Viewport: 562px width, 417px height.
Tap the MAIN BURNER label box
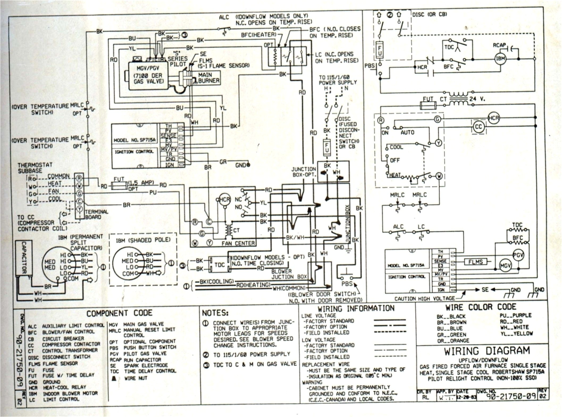pyautogui.click(x=208, y=78)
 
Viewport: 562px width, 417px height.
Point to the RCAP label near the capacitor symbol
pyautogui.click(x=499, y=45)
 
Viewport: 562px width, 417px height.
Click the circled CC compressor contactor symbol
pyautogui.click(x=478, y=127)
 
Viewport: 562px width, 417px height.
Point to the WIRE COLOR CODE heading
pyautogui.click(x=481, y=307)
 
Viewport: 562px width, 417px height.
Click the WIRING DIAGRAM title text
pyautogui.click(x=487, y=351)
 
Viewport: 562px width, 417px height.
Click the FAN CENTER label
pyautogui.click(x=238, y=243)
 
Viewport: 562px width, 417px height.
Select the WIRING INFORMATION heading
pyautogui.click(x=356, y=308)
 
